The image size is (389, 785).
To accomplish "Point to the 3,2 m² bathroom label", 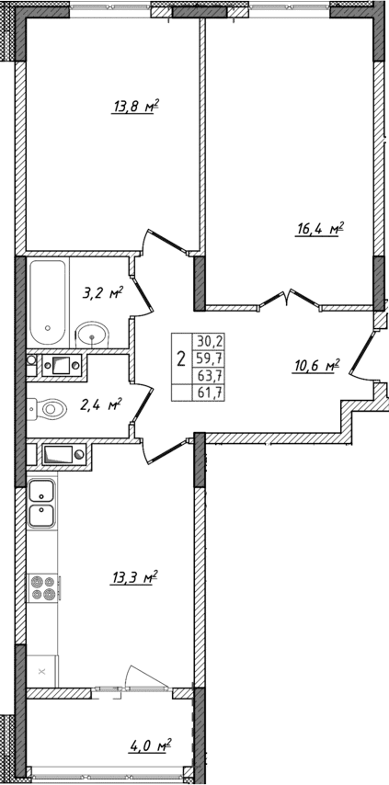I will pos(103,295).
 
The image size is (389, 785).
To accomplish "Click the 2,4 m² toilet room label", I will pos(102,404).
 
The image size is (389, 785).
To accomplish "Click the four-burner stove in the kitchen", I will pos(42,586).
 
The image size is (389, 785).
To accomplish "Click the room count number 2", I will pos(181,358).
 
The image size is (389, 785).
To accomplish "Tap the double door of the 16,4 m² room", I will pos(289,300).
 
